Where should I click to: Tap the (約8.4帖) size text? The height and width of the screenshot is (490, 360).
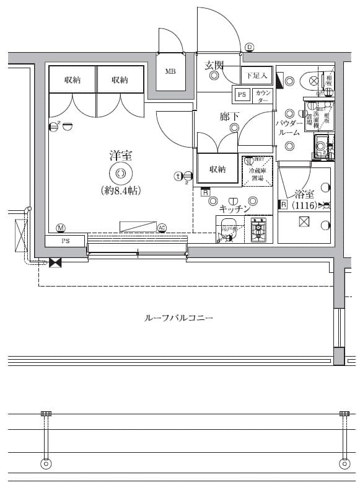pyautogui.click(x=121, y=191)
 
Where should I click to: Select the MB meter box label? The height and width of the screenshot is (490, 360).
pyautogui.click(x=170, y=71)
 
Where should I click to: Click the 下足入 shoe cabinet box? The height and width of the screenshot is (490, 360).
pyautogui.click(x=256, y=76)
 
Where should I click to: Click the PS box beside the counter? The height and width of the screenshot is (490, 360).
pyautogui.click(x=241, y=95)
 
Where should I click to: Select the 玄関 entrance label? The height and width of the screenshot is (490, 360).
pyautogui.click(x=214, y=65)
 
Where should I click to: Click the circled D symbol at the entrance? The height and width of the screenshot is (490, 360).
pyautogui.click(x=249, y=47)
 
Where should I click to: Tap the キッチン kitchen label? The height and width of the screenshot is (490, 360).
pyautogui.click(x=235, y=209)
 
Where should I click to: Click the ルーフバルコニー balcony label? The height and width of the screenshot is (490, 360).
pyautogui.click(x=178, y=318)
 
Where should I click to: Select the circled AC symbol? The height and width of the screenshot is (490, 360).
pyautogui.click(x=162, y=227)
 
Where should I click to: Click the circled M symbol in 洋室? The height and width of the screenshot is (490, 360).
pyautogui.click(x=61, y=227)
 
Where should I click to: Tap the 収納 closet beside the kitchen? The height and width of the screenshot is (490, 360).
pyautogui.click(x=217, y=169)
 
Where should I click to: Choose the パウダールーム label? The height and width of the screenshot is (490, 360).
pyautogui.click(x=289, y=128)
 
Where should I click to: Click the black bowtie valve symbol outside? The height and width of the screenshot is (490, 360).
pyautogui.click(x=55, y=263)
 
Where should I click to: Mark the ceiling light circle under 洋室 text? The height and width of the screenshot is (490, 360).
pyautogui.click(x=120, y=173)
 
